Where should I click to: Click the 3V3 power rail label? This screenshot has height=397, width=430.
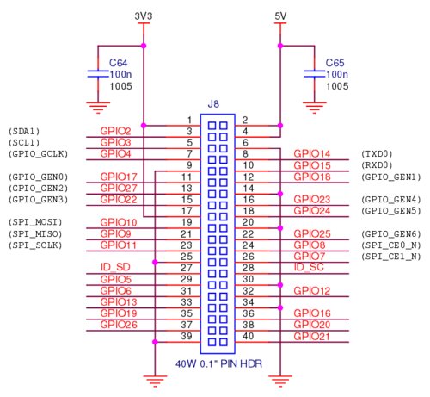point(144,16)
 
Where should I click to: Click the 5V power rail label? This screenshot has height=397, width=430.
point(280,16)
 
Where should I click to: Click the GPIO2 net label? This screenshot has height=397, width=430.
point(115,131)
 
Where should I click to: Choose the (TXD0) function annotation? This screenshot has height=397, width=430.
point(377,153)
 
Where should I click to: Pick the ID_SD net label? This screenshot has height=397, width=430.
point(115,266)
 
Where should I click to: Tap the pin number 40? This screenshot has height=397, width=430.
point(246,336)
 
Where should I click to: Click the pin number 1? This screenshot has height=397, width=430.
point(188,119)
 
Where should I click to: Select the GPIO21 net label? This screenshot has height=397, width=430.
point(312,336)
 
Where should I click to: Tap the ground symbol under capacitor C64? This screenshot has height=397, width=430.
point(101,108)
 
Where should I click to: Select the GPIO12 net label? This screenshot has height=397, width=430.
point(312,290)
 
